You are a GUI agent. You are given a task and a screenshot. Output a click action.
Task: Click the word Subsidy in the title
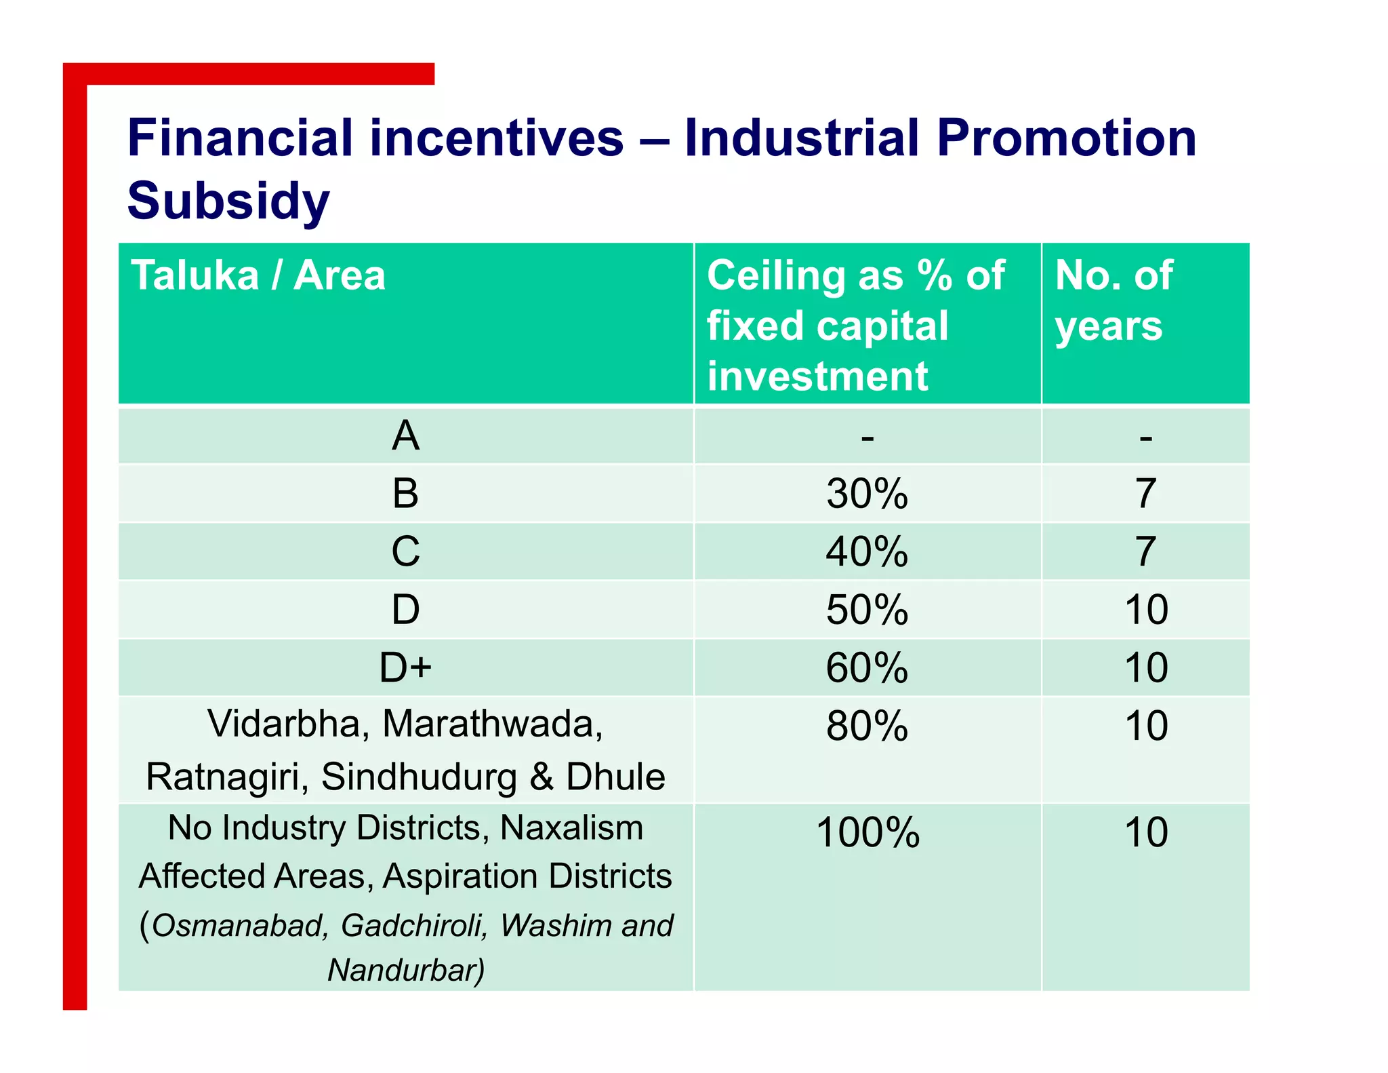(228, 201)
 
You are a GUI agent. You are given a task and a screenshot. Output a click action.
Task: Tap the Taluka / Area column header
(258, 275)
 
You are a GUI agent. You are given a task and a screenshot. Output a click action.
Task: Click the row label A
(405, 435)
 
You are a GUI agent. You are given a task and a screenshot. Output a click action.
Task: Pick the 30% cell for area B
(867, 494)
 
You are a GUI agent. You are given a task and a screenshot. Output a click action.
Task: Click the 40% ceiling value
(867, 551)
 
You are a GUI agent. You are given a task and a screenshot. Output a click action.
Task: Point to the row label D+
(405, 667)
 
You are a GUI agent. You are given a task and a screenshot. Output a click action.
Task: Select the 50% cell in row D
(867, 610)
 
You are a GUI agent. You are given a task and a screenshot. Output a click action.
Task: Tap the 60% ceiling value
(867, 667)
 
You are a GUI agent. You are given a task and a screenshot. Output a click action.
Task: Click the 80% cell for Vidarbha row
(867, 726)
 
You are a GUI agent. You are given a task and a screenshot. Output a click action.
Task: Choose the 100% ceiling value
(867, 832)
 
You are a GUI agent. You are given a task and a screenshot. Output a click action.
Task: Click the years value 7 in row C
(1145, 551)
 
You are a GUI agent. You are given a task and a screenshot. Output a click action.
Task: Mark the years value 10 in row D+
(1146, 667)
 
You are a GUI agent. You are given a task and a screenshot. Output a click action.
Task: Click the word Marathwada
(492, 724)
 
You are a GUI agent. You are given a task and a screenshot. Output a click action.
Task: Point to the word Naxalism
(571, 828)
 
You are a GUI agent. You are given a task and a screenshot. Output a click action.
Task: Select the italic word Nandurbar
(405, 970)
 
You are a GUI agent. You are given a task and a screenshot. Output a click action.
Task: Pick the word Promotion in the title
(1067, 138)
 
